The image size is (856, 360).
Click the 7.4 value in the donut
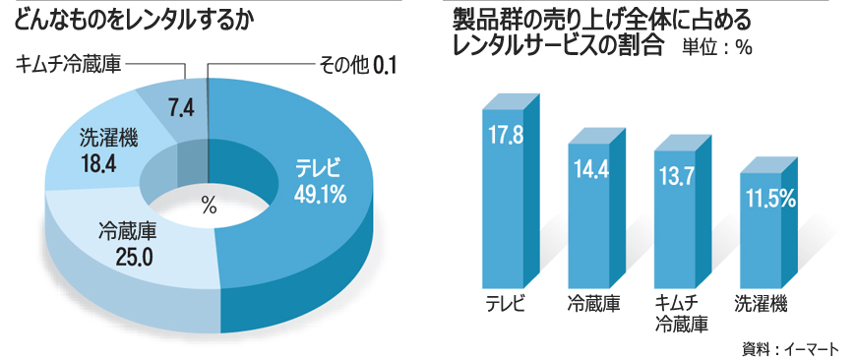click(x=180, y=107)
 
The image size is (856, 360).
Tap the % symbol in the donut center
click(x=208, y=206)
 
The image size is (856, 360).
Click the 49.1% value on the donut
click(x=320, y=195)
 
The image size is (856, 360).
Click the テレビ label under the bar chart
click(x=508, y=303)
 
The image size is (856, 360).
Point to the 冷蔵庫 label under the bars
click(x=593, y=303)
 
